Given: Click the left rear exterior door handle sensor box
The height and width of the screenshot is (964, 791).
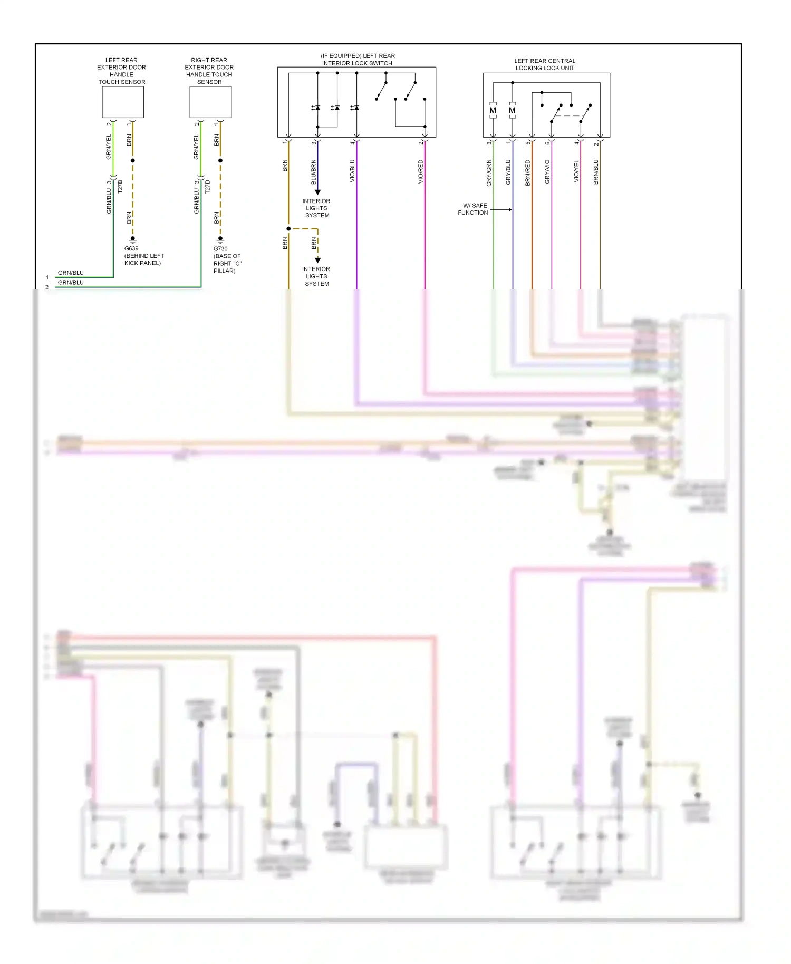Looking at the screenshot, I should (x=123, y=102).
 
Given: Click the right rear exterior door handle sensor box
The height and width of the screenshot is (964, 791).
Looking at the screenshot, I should (x=210, y=102).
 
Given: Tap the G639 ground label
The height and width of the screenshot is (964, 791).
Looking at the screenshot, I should (x=131, y=248).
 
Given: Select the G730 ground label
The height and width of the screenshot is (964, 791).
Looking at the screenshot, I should (x=220, y=249).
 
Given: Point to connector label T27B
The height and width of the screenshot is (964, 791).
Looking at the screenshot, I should (x=120, y=186).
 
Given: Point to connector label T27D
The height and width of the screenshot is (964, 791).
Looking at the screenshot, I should (x=207, y=186).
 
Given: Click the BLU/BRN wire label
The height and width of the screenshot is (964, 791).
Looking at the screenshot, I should (x=314, y=171).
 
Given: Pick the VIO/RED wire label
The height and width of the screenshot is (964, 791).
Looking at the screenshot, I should (x=421, y=171).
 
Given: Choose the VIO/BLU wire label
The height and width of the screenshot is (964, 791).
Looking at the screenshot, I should (x=352, y=171).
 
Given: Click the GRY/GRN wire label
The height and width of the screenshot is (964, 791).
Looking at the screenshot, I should (x=489, y=172).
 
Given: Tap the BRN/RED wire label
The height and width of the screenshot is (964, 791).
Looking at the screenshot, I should (x=528, y=172).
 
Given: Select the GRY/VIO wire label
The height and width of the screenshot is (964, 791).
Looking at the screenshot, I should (x=547, y=171).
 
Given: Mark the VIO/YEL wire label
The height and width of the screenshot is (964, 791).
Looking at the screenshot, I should (x=576, y=171).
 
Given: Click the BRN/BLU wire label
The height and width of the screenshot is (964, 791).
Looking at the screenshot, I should (x=596, y=171).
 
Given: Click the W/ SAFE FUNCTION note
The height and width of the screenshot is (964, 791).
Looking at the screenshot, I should (x=473, y=209).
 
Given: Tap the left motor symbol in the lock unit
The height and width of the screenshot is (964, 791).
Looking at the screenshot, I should (x=493, y=111).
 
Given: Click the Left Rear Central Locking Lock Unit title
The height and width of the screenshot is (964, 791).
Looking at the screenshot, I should (x=545, y=64).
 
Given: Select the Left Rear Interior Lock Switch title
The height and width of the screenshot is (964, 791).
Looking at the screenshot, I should (x=358, y=60).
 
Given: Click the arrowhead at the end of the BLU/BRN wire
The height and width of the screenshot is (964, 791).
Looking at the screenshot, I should (x=317, y=192).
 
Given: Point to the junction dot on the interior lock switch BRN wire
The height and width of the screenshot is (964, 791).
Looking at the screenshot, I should (x=288, y=229).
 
